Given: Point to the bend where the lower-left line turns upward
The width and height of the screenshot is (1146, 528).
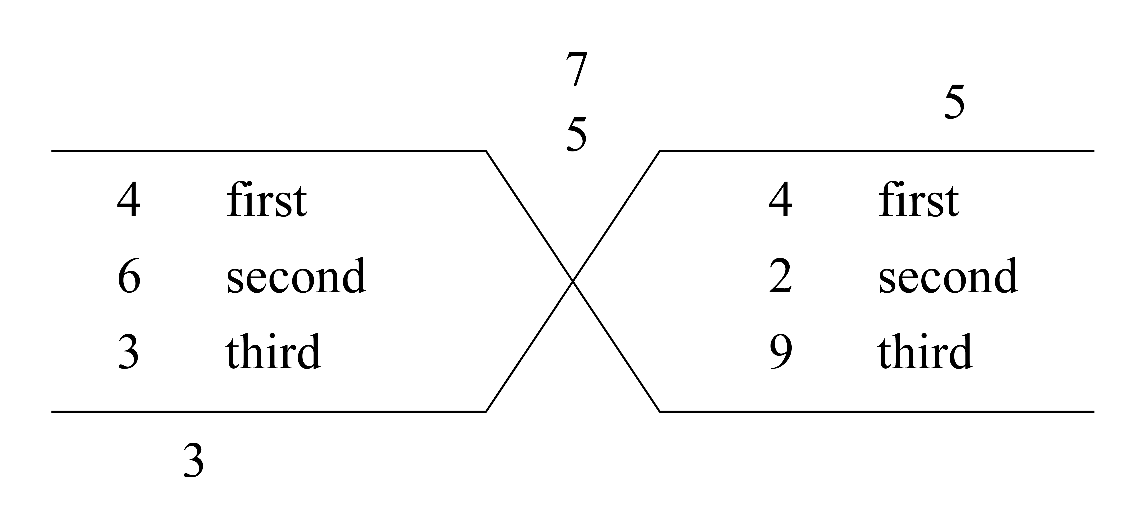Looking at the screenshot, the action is click(486, 412).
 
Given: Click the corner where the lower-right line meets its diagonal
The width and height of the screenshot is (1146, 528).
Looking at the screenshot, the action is click(660, 412).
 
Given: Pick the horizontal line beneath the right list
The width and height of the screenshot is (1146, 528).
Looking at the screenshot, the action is click(877, 412).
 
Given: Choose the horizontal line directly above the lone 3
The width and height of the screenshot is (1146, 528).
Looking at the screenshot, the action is click(269, 412).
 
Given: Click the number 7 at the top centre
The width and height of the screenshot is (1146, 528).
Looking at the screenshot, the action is click(577, 69).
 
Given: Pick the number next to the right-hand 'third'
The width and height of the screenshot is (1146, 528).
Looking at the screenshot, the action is click(781, 352).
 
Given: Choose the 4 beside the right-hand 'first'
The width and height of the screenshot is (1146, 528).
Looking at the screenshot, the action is click(781, 200).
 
